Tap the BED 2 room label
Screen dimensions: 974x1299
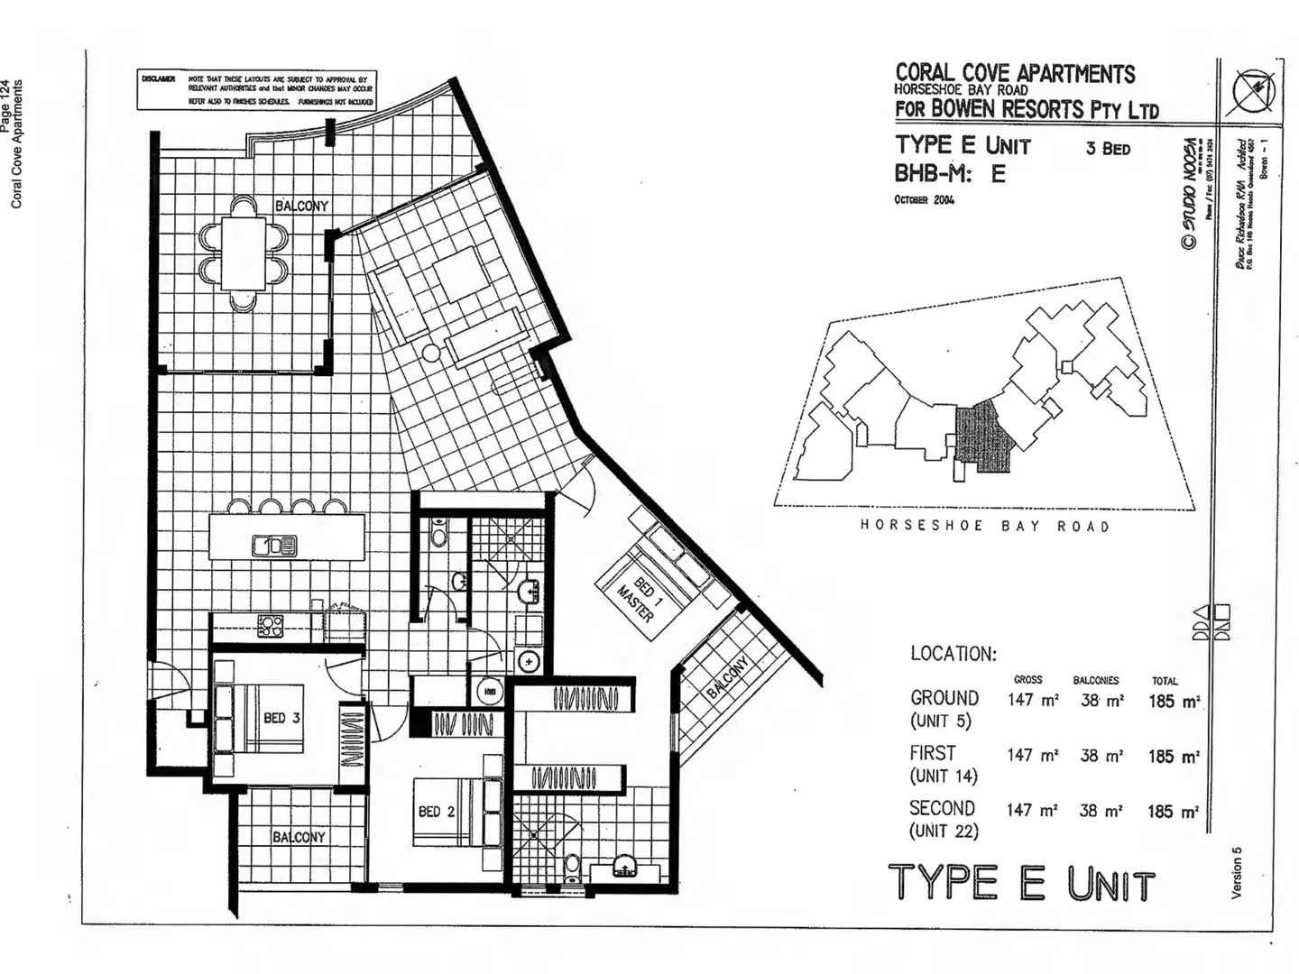pos(437,812)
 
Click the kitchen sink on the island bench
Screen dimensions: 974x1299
pos(275,545)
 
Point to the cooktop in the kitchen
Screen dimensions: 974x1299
pos(271,626)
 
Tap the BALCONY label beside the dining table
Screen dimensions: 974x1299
pos(302,206)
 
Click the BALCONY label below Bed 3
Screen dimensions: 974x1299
pos(299,837)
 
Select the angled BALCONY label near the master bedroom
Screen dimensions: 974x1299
pos(727,678)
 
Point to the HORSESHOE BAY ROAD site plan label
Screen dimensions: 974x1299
pos(984,526)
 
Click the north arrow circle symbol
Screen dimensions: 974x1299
pos(1254,91)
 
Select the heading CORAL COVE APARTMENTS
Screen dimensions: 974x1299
pos(1015,73)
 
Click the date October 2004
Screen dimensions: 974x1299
pos(925,199)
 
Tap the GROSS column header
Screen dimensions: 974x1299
pos(1027,680)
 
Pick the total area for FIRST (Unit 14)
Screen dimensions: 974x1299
pos(1174,757)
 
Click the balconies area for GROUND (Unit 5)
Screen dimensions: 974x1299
pos(1101,700)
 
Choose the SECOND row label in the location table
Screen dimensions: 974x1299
pos(942,808)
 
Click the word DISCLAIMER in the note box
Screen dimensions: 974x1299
pos(158,79)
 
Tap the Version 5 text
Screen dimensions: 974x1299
pos(1237,872)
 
